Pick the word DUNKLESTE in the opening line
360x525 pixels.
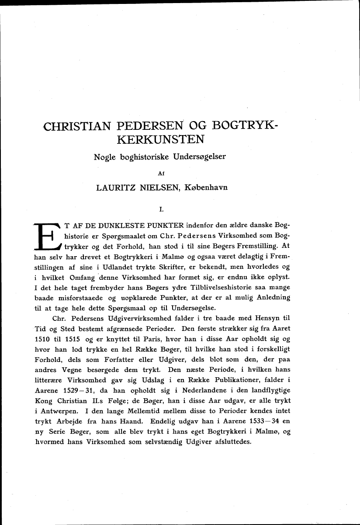pos(119,226)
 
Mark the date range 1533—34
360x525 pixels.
pos(257,422)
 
